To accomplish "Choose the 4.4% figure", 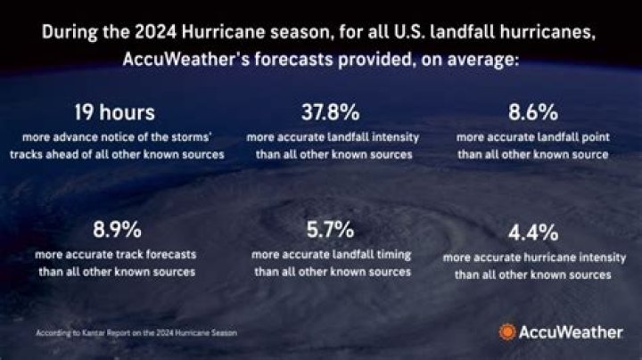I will tap(533, 234).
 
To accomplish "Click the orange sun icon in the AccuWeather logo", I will tap(506, 332).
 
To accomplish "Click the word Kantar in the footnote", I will tap(94, 333).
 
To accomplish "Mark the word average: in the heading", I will tap(481, 61).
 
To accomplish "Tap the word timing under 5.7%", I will tap(391, 255).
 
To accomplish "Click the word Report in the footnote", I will tap(124, 333).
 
